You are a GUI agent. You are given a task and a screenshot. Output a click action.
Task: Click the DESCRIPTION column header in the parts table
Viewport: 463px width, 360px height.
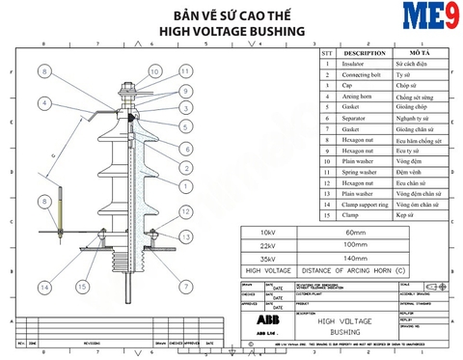tap(365, 53)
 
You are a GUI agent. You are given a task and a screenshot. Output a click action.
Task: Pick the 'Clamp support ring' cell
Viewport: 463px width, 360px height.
tap(365, 205)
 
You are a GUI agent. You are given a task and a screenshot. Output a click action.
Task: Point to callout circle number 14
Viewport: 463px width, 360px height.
tap(43, 288)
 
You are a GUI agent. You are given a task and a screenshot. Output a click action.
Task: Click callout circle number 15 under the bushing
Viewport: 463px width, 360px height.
tap(83, 288)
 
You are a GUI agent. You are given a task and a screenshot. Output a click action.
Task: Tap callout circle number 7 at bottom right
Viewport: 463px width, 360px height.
tap(185, 287)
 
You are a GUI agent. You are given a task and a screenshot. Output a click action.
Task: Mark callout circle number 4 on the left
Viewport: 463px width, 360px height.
tap(43, 103)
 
